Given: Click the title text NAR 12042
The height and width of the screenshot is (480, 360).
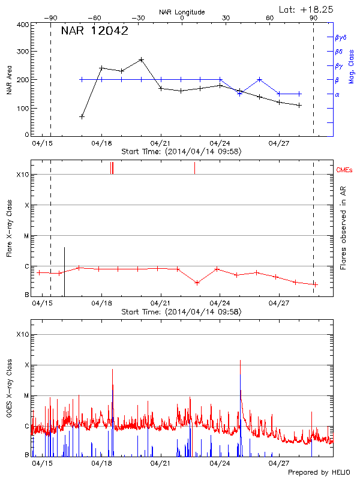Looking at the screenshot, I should pyautogui.click(x=94, y=32).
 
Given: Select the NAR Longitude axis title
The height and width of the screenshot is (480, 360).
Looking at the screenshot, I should pyautogui.click(x=182, y=11).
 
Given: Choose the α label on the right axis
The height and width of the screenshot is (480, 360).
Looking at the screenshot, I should pyautogui.click(x=337, y=94).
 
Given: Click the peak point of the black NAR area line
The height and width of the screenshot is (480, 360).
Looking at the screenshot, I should pyautogui.click(x=141, y=59).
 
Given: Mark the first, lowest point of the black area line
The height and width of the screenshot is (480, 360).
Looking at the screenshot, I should pyautogui.click(x=82, y=116).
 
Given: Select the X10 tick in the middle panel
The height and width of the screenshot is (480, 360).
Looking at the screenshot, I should pyautogui.click(x=22, y=175).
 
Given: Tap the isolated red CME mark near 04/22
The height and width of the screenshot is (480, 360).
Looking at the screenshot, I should pyautogui.click(x=194, y=168).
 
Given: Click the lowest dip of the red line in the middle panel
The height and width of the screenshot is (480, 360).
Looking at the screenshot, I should pyautogui.click(x=197, y=283).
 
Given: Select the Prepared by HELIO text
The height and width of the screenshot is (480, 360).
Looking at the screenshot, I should pyautogui.click(x=319, y=472).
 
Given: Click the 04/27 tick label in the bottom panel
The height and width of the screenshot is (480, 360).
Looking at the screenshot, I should pyautogui.click(x=279, y=464).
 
